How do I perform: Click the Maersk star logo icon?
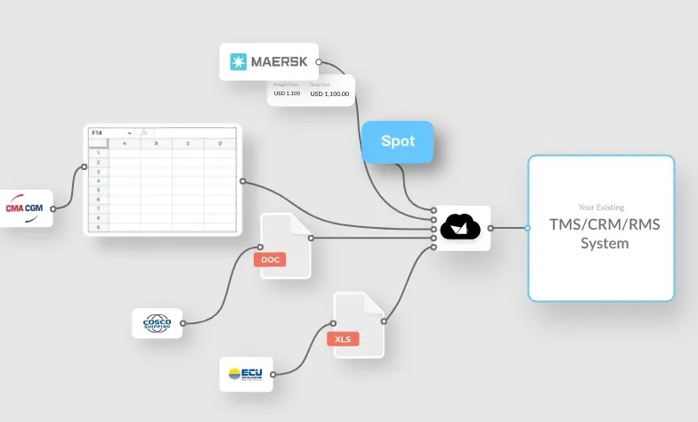point(239,62)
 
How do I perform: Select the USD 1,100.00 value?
point(329,93)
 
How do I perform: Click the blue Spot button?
point(397,142)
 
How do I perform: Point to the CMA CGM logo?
point(24,208)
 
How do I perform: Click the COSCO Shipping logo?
point(157,323)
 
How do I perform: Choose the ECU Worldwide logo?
point(245,374)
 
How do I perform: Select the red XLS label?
point(343,338)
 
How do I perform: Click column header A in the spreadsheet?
point(125,142)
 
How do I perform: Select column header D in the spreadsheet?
point(219,142)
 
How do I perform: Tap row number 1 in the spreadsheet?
point(98,152)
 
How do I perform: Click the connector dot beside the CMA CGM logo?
point(53,208)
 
